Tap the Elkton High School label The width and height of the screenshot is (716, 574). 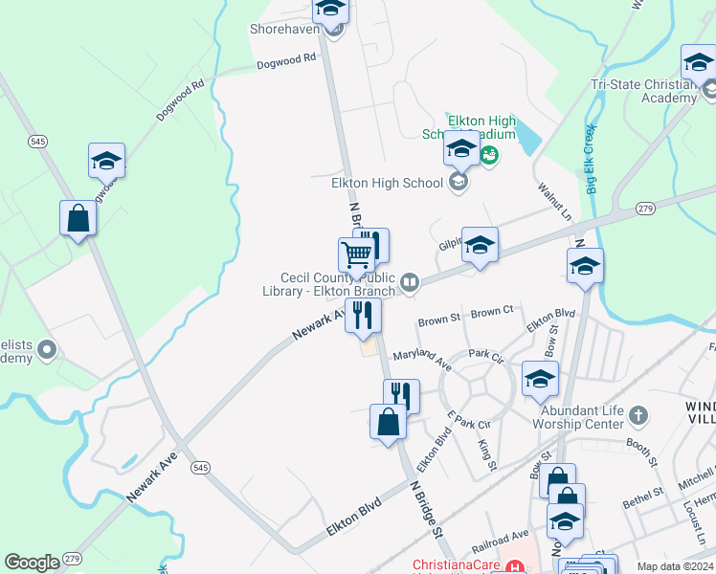[387, 183]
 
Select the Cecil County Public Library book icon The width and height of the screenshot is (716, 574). [410, 281]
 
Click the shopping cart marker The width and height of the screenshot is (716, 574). [356, 255]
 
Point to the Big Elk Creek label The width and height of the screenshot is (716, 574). [591, 159]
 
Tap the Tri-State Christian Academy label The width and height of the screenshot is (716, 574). [642, 91]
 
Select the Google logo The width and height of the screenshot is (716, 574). [32, 563]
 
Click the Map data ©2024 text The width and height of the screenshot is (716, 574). [674, 566]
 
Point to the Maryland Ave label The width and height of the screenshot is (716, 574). [421, 359]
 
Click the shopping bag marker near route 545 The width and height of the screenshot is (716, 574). [78, 218]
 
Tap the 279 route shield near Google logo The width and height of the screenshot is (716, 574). [73, 558]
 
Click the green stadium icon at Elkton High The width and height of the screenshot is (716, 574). [489, 153]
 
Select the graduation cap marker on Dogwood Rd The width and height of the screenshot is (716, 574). [107, 160]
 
